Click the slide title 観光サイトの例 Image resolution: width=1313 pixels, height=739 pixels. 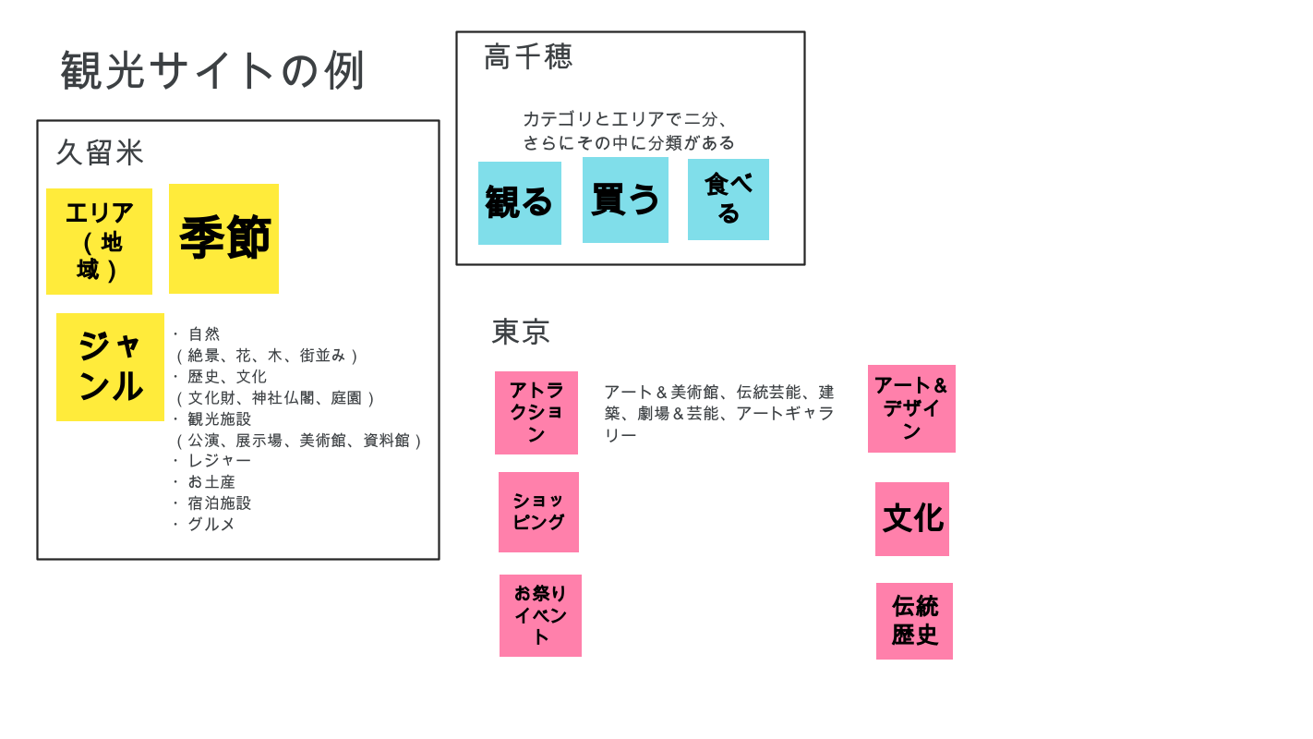213,70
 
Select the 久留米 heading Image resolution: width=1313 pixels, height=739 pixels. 100,152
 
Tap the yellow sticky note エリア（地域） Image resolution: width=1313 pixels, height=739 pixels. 99,241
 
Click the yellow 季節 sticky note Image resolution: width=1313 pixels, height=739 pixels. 223,238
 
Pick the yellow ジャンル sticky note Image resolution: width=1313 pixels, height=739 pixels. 110,367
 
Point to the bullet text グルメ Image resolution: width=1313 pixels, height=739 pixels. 211,525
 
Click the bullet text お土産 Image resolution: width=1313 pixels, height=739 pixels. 211,482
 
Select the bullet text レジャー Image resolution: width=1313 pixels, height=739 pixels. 219,460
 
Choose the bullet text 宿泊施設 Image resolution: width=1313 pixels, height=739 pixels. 219,503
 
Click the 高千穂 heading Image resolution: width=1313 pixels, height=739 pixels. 528,56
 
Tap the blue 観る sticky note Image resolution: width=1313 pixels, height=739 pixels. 519,203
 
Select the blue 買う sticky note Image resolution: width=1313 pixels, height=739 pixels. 625,200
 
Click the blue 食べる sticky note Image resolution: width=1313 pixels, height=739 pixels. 728,200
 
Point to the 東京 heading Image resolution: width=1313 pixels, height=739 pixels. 521,332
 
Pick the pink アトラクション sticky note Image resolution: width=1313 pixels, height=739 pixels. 536,413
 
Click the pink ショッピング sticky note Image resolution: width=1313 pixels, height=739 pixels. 538,512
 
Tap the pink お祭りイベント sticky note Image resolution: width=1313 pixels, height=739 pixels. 540,615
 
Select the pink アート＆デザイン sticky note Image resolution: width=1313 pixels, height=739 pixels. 911,408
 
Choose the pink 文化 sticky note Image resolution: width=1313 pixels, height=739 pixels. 912,519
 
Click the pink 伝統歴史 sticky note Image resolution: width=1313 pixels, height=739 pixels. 914,621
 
